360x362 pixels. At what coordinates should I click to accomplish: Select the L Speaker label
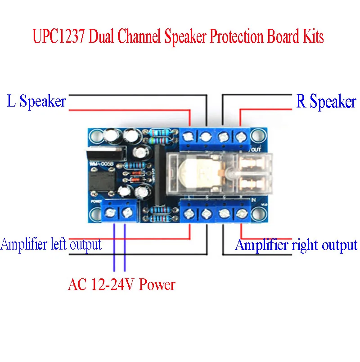coord(36,101)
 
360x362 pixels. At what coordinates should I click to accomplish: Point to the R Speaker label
coord(326,102)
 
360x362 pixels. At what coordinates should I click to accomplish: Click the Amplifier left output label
coord(51,245)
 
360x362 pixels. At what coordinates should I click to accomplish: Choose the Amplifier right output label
coord(296,245)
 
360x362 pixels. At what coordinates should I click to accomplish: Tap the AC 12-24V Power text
coord(121,284)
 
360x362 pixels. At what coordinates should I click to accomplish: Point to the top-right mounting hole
coord(258,135)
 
